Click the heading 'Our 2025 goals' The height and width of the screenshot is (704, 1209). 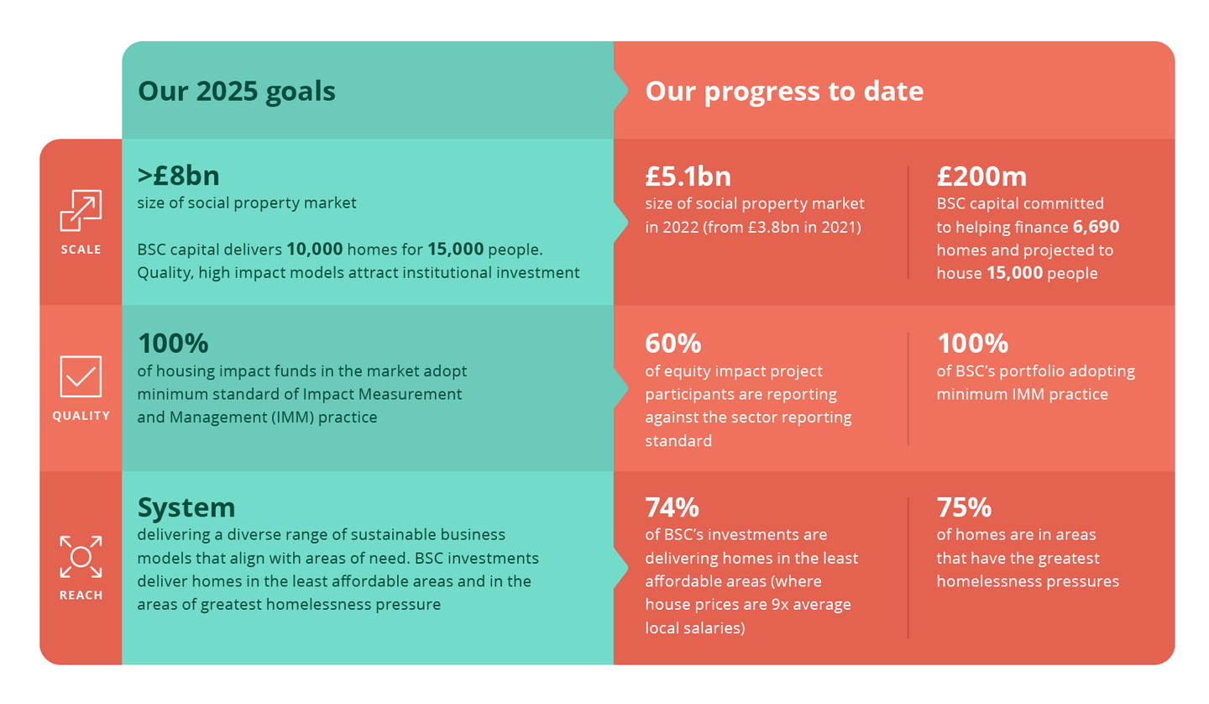(x=237, y=92)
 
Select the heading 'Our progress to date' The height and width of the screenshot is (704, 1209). (x=784, y=92)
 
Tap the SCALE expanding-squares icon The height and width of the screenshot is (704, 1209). (x=81, y=211)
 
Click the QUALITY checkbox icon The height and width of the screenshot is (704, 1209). (x=81, y=376)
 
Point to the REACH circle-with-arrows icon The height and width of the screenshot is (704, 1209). (x=81, y=557)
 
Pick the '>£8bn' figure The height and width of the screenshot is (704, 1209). (x=178, y=176)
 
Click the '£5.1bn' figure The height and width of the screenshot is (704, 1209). (x=688, y=176)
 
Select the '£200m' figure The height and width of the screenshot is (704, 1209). (x=981, y=176)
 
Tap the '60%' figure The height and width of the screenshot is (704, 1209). (x=673, y=344)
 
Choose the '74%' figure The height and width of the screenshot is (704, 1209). (x=672, y=507)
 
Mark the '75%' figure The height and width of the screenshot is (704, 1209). (x=964, y=507)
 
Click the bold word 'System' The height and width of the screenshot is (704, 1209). (x=186, y=508)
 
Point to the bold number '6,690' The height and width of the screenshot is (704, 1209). (x=1096, y=227)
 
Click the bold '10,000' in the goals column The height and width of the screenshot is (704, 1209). (x=315, y=249)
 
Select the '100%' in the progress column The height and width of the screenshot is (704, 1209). (x=972, y=344)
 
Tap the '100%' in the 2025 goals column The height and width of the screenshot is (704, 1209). (x=173, y=344)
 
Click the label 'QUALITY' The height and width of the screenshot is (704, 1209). (x=81, y=416)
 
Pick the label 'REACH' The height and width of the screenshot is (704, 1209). (x=81, y=595)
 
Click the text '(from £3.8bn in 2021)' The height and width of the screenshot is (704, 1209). (x=782, y=228)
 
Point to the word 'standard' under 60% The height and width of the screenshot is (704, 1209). (x=678, y=440)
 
